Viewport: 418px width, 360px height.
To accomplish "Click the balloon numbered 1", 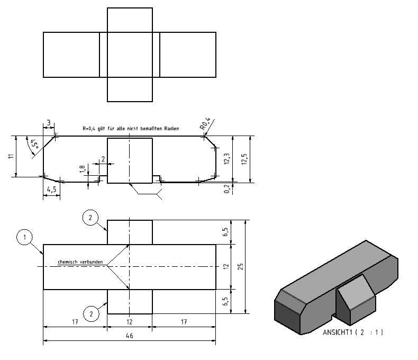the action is (24, 237).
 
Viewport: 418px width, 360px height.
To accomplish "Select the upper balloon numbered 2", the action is (90, 218).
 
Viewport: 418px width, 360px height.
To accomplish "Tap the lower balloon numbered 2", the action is (91, 313).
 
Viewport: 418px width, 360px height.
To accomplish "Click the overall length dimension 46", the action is (129, 336).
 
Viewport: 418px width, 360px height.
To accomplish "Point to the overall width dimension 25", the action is (240, 267).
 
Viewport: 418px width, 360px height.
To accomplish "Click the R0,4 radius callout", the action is (205, 124).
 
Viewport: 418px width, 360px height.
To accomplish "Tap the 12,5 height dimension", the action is (244, 159).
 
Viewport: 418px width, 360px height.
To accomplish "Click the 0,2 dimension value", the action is (227, 189).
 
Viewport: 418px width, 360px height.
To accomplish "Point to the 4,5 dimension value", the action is (51, 190).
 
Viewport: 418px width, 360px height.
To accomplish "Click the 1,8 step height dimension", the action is (83, 169).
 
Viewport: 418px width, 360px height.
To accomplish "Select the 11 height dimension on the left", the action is (11, 156).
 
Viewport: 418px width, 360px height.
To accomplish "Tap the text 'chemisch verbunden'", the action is (80, 262).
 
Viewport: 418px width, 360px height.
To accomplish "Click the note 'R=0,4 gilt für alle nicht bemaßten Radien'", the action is (131, 129).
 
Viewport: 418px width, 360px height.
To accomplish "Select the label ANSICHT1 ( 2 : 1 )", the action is (353, 332).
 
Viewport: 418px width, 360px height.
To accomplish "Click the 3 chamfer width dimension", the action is (49, 123).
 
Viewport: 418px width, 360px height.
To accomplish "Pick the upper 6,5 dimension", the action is (225, 232).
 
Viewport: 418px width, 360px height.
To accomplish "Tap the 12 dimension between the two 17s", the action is (129, 322).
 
